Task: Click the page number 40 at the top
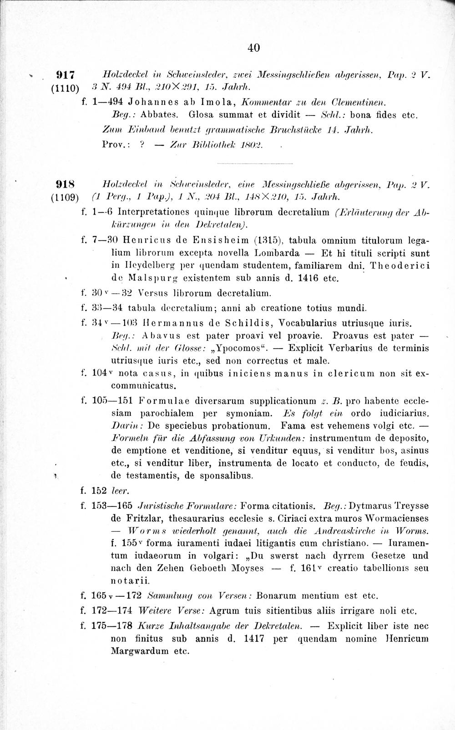coord(254,47)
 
